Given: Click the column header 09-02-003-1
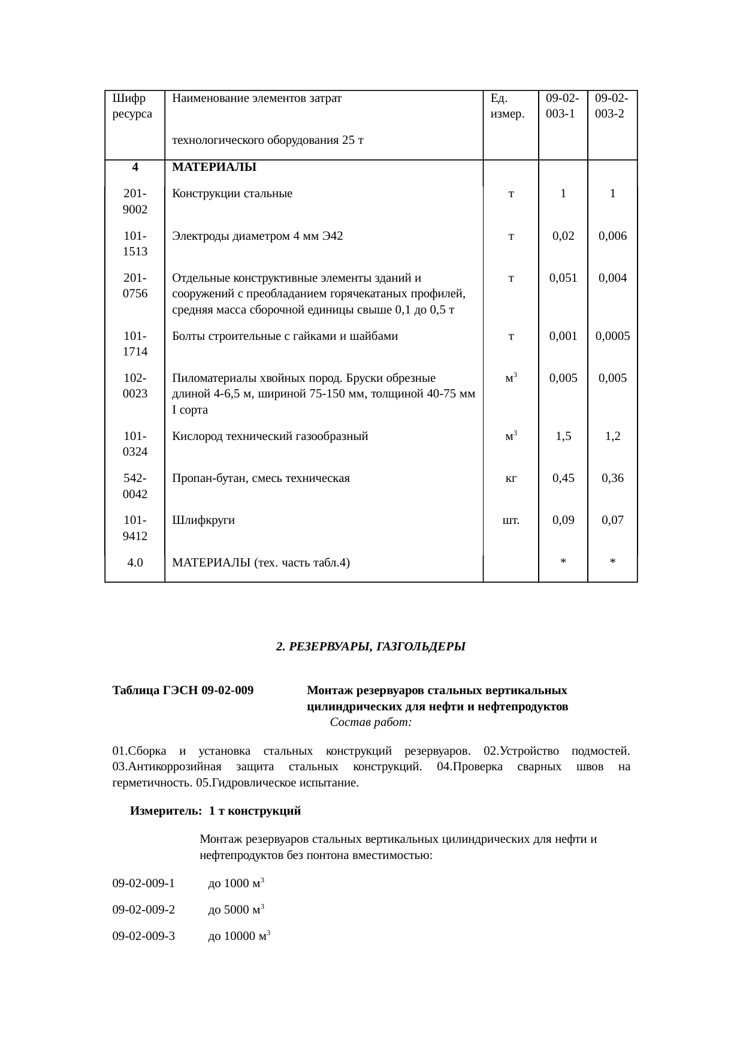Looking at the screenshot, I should tap(563, 105).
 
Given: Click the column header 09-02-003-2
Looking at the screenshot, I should tap(612, 105).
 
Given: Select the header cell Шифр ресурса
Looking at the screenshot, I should tap(132, 105).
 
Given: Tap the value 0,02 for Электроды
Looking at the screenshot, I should tap(563, 236).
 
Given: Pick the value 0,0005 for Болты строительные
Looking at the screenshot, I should tap(612, 336).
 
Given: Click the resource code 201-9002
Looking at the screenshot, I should tap(135, 201).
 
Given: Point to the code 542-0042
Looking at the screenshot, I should tap(135, 486).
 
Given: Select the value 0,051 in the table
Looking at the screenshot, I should tap(563, 278).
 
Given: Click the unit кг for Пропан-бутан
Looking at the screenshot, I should tap(511, 478).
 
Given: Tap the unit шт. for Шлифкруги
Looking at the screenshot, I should tap(511, 520).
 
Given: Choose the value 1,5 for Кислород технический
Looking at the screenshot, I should tap(563, 436).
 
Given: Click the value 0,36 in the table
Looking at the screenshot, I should tap(612, 478).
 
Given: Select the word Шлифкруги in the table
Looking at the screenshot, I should tap(203, 520).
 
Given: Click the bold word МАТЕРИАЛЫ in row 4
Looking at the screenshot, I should tap(214, 168).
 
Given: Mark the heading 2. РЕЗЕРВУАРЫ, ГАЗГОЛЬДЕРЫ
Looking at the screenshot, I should tap(370, 647).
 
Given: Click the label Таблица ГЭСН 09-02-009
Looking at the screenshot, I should tap(183, 691).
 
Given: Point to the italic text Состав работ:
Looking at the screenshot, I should tap(370, 722).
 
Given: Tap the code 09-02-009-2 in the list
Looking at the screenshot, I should tap(144, 910).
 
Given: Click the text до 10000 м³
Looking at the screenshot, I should tap(239, 936).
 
